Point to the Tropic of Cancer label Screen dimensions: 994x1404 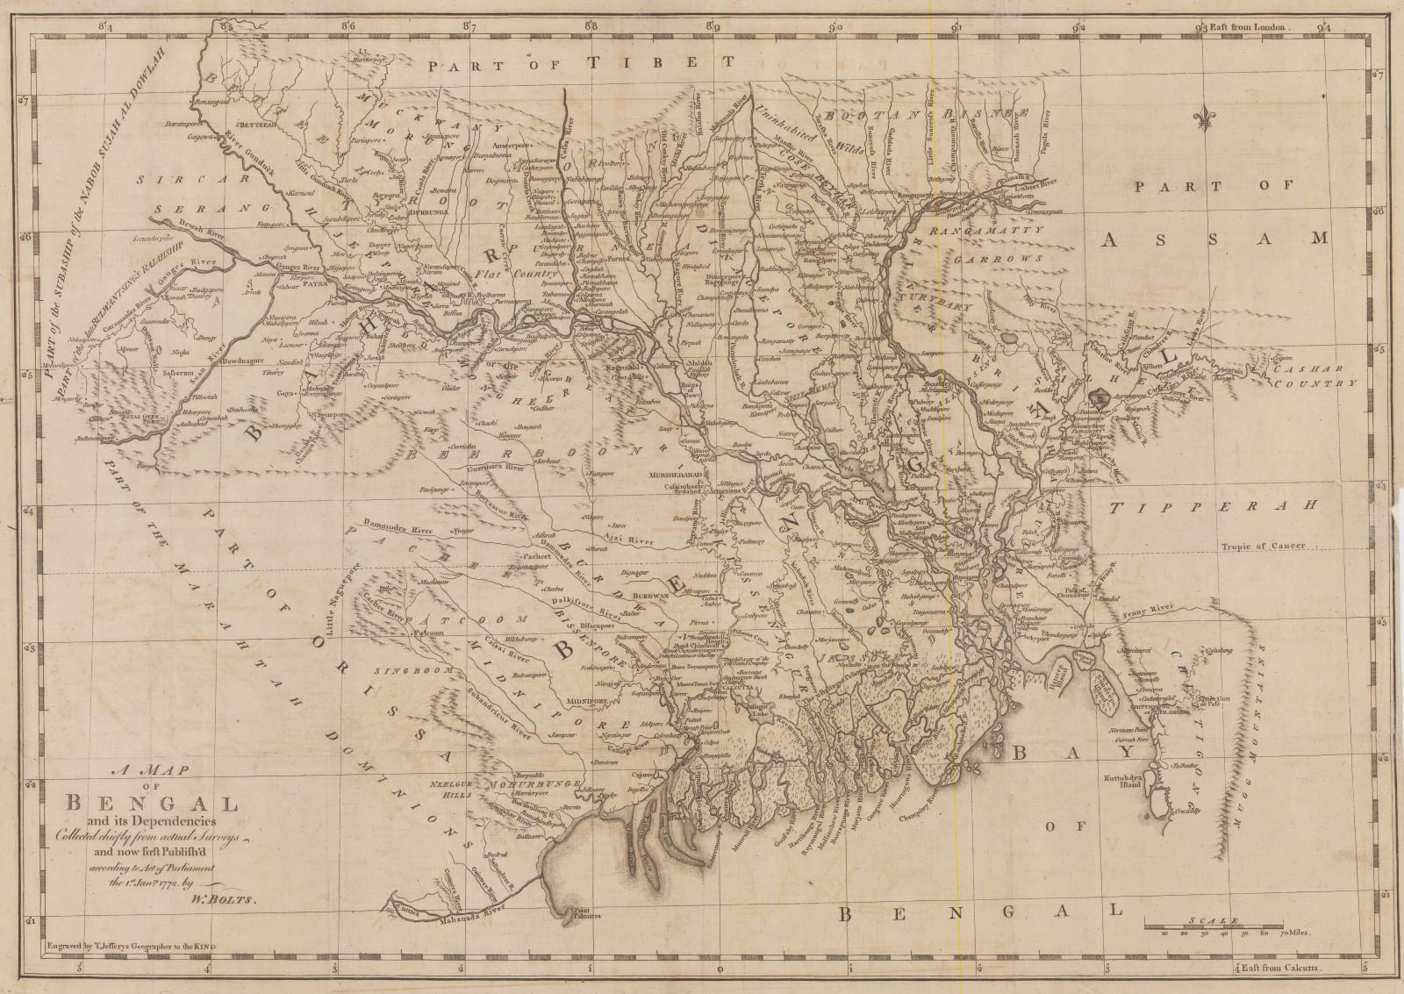coord(1262,546)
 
